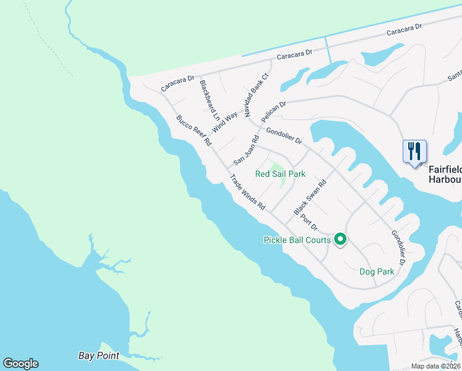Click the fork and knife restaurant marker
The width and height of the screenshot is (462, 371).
click(x=414, y=151)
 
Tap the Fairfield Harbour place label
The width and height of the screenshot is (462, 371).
click(x=445, y=174)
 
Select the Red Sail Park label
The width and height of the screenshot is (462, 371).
click(x=280, y=174)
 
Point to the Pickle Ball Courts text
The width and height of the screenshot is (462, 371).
click(x=296, y=240)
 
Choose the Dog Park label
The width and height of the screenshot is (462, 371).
click(x=377, y=271)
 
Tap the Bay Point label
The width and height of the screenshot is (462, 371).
click(x=99, y=356)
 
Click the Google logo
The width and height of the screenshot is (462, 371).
click(x=20, y=364)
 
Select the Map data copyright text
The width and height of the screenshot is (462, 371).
click(x=435, y=366)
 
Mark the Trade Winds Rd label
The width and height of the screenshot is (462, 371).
click(x=247, y=192)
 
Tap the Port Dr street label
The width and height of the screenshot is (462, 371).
click(x=309, y=222)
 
